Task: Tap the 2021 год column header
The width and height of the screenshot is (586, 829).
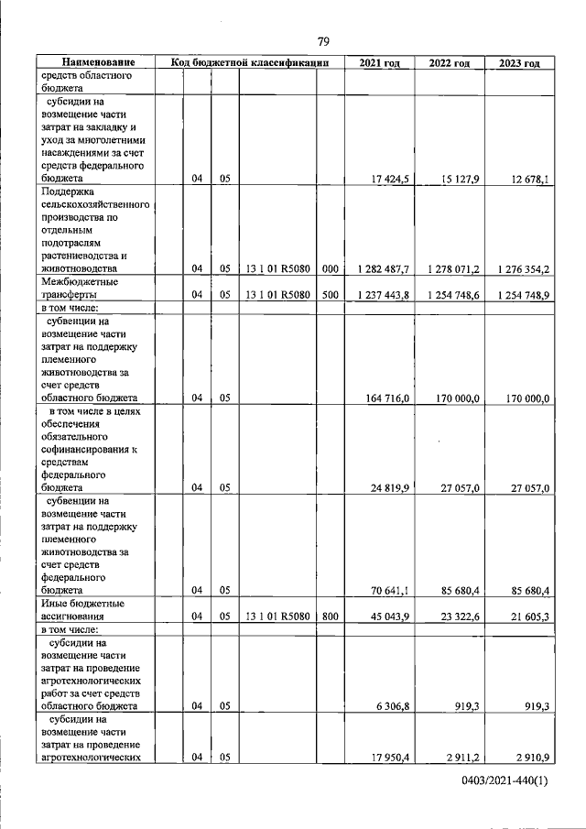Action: click(x=379, y=63)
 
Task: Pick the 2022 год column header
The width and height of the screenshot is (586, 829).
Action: click(x=450, y=63)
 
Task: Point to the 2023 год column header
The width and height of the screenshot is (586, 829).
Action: click(x=519, y=63)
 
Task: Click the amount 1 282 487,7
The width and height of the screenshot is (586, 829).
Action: click(x=380, y=270)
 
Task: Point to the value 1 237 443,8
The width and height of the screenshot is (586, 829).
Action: click(x=380, y=296)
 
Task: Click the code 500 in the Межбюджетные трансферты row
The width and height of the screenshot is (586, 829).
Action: click(x=331, y=296)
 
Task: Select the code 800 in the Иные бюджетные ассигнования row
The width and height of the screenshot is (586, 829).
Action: click(x=331, y=617)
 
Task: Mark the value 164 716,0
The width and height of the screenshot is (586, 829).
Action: click(x=386, y=398)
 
